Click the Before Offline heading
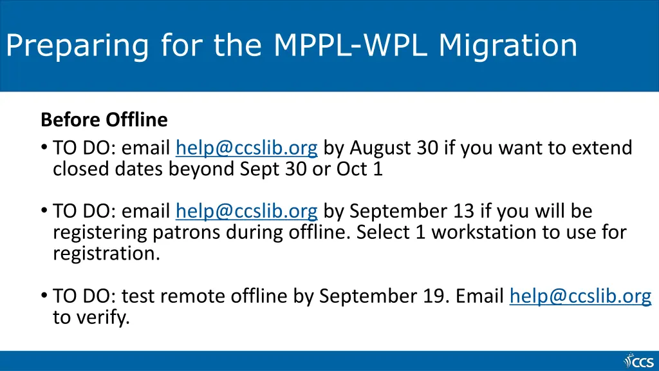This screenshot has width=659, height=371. click(x=104, y=120)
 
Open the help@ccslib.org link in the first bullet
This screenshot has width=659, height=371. click(x=246, y=149)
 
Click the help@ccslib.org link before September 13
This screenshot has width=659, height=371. click(x=246, y=211)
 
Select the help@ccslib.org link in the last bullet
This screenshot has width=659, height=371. click(x=580, y=296)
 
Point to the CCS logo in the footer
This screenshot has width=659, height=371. click(x=638, y=361)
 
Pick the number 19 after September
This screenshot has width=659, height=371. click(x=437, y=296)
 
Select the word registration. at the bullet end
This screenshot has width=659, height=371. click(x=106, y=253)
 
